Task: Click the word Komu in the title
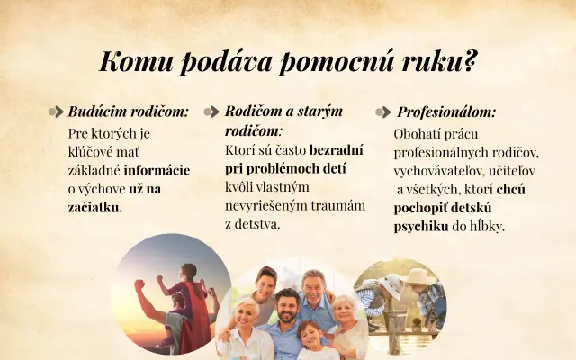pyautogui.click(x=136, y=62)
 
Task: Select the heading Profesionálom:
pyautogui.click(x=446, y=112)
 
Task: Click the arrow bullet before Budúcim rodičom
pyautogui.click(x=56, y=112)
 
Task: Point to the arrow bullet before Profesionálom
pyautogui.click(x=382, y=112)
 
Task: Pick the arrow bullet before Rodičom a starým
pyautogui.click(x=211, y=112)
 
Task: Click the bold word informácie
pyautogui.click(x=157, y=170)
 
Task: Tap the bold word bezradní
pyautogui.click(x=337, y=150)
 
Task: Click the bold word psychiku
pyautogui.click(x=421, y=227)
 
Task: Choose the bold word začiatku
pyautogui.click(x=95, y=208)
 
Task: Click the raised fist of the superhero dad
pyautogui.click(x=139, y=285)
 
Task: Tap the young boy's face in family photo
pyautogui.click(x=309, y=336)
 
